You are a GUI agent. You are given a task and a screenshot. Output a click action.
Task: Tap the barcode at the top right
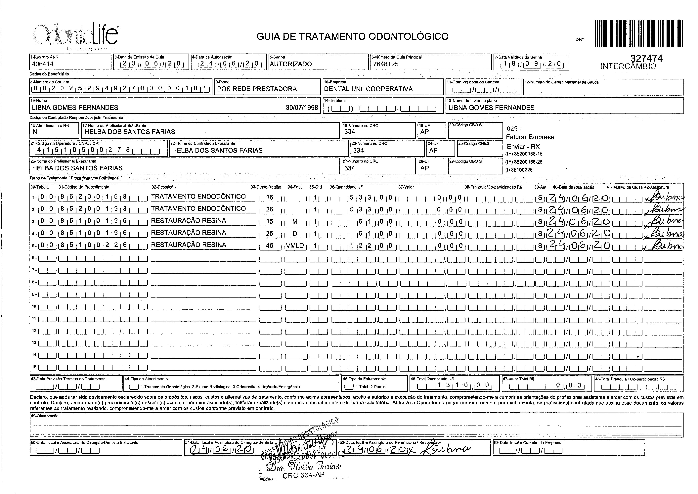pos(638,33)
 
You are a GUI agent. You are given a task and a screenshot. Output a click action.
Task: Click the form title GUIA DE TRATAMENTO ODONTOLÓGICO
pos(352,36)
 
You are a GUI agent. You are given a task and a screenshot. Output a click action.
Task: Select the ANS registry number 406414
pos(43,64)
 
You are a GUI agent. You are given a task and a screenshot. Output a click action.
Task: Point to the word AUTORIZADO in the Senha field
pos(291,64)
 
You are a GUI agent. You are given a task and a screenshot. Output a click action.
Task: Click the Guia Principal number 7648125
pos(385,64)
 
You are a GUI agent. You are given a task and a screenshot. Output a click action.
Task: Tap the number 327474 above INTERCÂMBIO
pos(646,58)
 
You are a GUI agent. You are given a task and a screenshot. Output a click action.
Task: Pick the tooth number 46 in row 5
pos(270,246)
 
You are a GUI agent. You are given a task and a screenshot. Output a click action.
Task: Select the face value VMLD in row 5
pos(295,246)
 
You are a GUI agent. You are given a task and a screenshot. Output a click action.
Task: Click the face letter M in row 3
pos(295,221)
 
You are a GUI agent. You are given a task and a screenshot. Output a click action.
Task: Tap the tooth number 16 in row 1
pos(270,197)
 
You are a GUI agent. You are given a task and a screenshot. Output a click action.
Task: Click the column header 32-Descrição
pos(163,187)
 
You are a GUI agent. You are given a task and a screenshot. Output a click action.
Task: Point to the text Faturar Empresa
pos(530,137)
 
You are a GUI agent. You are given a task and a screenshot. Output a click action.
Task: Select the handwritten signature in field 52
pos(446,450)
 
